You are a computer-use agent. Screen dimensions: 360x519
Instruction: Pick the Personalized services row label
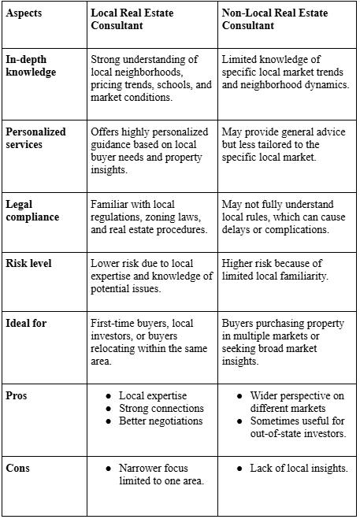point(36,139)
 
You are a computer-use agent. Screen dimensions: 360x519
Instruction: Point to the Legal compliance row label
point(32,211)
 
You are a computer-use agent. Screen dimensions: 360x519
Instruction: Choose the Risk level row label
point(30,263)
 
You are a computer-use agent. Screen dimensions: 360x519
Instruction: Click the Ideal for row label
point(26,323)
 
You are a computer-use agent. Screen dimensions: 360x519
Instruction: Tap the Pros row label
point(17,395)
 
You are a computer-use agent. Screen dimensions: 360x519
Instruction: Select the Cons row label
point(18,467)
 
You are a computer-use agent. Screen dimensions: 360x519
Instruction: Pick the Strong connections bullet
point(161,408)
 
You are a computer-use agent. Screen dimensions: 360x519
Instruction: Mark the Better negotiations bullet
point(161,421)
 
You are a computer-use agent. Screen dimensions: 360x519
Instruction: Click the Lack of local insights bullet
point(299,467)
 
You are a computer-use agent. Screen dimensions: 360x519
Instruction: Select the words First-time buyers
point(128,323)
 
